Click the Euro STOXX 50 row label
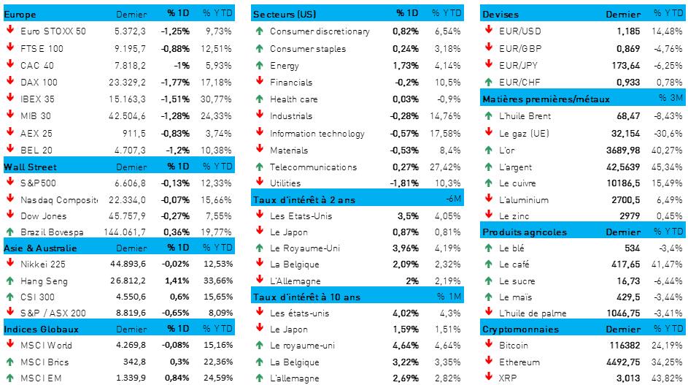coord(53,31)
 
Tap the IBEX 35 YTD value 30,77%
coord(217,99)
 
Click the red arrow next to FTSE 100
coord(10,48)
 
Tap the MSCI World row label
coord(47,346)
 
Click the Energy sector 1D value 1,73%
coord(406,65)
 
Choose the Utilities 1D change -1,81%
coord(404,183)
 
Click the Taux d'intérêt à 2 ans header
coord(305,199)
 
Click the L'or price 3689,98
coord(623,150)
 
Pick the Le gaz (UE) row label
coord(524,133)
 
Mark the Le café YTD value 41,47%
coord(667,264)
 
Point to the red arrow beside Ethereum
coord(488,362)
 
